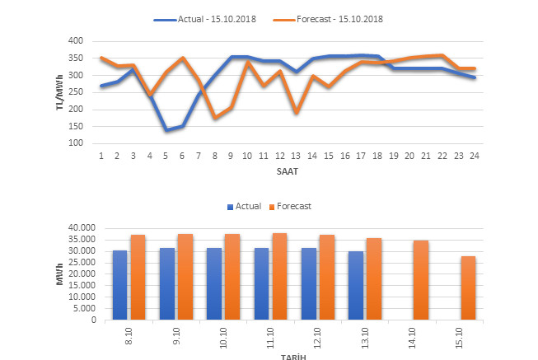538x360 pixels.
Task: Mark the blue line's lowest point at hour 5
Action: click(x=166, y=130)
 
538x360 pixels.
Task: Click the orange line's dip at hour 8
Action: click(x=215, y=118)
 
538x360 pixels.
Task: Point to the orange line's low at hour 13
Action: click(x=295, y=113)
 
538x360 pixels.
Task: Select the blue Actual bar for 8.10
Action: click(x=120, y=285)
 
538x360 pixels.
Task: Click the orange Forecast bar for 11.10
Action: click(x=279, y=277)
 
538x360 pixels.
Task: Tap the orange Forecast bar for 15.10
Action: click(x=468, y=288)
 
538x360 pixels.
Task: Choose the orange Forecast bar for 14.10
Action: click(x=421, y=280)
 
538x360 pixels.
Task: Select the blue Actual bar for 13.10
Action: click(x=356, y=286)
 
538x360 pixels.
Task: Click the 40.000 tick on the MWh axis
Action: click(x=83, y=228)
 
